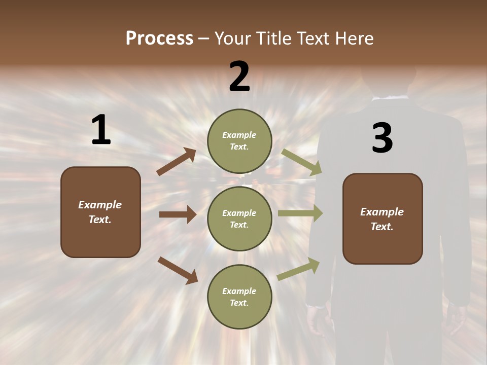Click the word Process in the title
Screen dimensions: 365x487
[x=159, y=39]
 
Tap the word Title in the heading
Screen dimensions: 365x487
[x=271, y=39]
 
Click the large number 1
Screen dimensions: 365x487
[x=101, y=130]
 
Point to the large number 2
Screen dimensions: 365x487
[x=239, y=77]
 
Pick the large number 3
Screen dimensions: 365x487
[x=382, y=138]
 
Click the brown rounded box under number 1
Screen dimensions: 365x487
[x=100, y=212]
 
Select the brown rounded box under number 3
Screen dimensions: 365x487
[x=382, y=218]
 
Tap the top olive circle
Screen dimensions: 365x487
[x=239, y=141]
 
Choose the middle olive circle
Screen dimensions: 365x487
[x=239, y=218]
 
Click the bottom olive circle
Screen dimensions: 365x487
[x=239, y=297]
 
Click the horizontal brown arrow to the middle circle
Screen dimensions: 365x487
[x=178, y=214]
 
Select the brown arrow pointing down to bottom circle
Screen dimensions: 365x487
[x=178, y=270]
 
